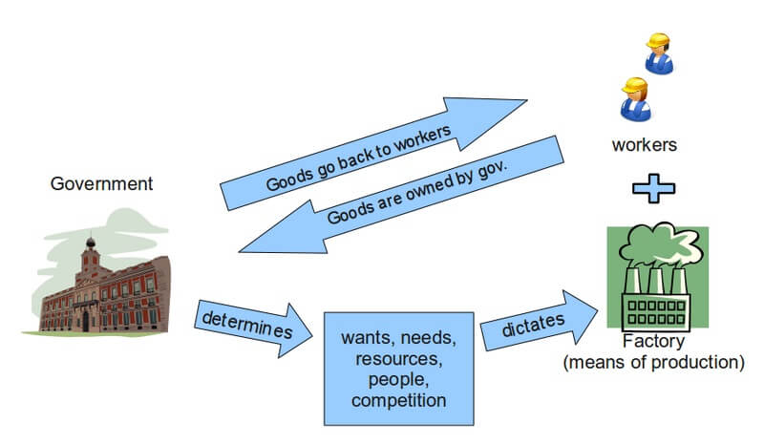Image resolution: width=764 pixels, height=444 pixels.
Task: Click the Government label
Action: [x=101, y=183]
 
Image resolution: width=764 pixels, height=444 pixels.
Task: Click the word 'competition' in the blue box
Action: [x=398, y=399]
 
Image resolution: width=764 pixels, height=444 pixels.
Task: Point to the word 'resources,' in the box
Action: [x=398, y=359]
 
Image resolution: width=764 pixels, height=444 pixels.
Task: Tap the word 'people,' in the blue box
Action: [x=398, y=379]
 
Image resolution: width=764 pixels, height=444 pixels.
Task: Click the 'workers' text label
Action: [x=646, y=146]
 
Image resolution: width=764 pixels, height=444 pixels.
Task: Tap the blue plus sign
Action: [x=653, y=187]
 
